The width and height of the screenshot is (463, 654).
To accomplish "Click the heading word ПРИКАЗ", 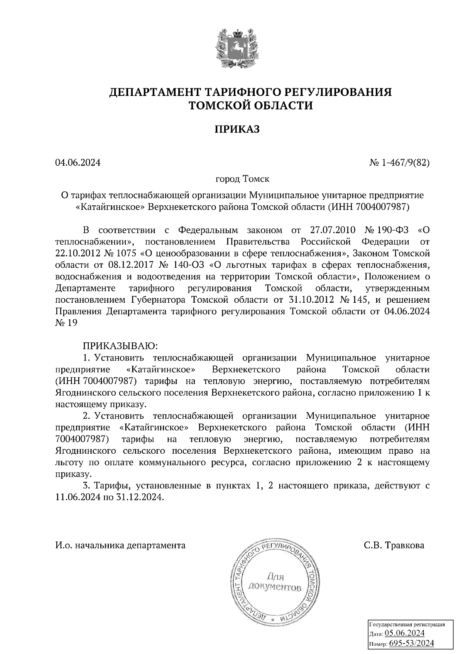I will [x=237, y=129].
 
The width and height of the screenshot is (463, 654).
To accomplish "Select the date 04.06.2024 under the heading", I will [x=78, y=163].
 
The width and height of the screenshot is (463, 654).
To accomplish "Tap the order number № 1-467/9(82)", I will [x=399, y=163].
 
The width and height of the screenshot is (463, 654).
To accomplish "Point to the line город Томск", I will [x=242, y=179].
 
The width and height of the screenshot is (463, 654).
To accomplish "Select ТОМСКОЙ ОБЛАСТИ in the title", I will [x=250, y=106].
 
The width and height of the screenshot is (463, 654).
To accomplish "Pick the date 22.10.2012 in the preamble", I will [x=78, y=253].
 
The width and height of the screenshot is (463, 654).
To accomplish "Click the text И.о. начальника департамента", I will [x=120, y=545].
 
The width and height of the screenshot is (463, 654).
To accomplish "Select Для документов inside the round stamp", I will [x=275, y=582].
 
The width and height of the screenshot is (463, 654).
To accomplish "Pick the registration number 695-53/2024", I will [x=411, y=643].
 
